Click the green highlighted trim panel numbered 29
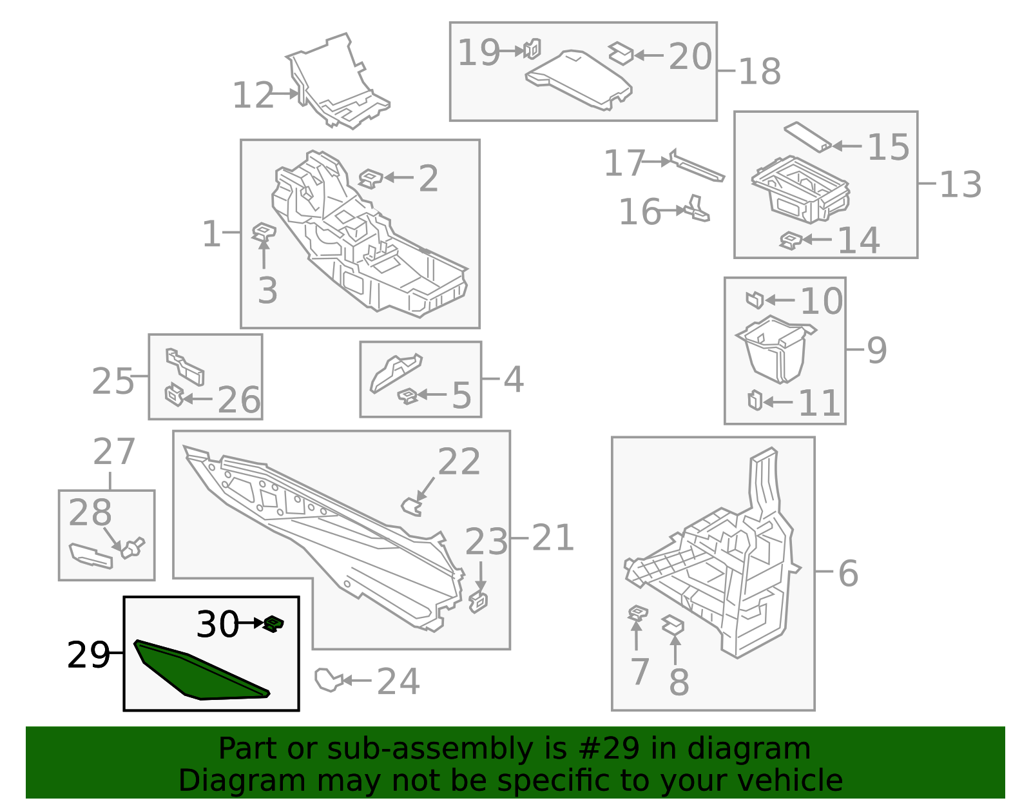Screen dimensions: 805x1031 193,674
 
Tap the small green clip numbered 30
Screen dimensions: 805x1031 274,623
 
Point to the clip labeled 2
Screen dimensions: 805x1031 370,178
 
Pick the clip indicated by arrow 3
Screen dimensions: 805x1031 264,230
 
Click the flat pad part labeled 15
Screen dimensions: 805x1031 807,136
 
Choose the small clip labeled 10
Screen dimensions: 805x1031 755,300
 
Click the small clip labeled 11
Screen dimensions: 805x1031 755,400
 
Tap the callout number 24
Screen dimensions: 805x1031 398,681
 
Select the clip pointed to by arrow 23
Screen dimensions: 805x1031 479,601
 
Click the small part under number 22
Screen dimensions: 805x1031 411,507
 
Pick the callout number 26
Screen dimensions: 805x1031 238,400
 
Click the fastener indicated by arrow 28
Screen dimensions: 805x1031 133,547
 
